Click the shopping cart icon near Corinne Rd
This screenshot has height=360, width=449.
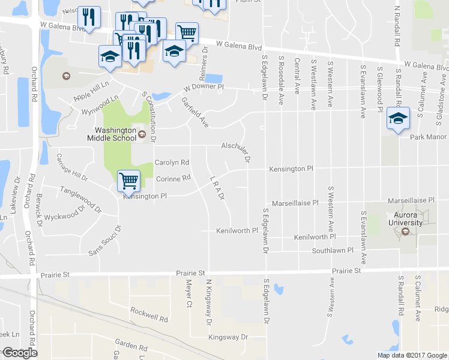[x=128, y=179]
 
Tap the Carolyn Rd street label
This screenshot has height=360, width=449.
[x=172, y=163]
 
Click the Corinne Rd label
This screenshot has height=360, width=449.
[x=173, y=178]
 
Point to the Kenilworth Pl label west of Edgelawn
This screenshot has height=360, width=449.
[x=237, y=230]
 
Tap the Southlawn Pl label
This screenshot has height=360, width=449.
[x=333, y=250]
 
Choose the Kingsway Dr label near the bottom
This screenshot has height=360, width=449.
[x=228, y=337]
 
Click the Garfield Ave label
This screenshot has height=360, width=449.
[x=194, y=112]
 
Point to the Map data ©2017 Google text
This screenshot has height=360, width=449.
[x=412, y=355]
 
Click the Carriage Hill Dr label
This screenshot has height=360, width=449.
[x=71, y=167]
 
